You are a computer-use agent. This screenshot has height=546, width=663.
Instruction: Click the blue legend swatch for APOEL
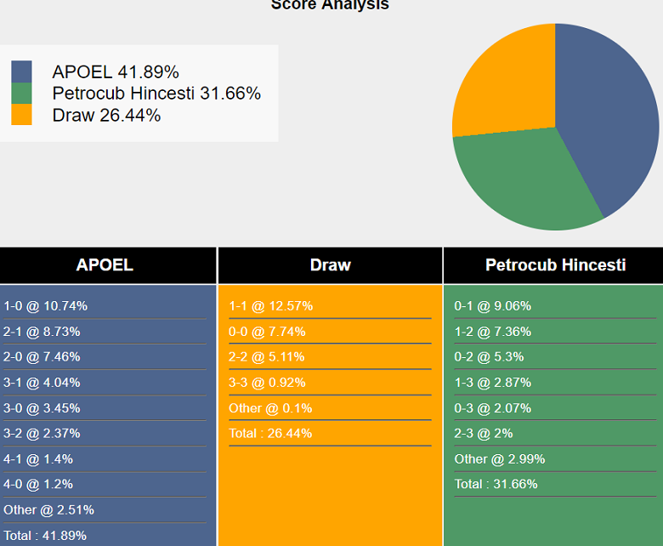tap(21, 71)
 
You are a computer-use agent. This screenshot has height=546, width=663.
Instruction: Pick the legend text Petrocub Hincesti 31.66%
tap(156, 94)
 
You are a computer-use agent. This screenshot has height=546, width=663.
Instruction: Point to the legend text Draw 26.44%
tap(106, 116)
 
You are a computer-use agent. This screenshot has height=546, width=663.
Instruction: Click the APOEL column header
tap(105, 265)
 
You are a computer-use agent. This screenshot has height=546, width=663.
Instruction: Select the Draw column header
tap(330, 265)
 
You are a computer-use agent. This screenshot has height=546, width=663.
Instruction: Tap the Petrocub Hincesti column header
tap(555, 265)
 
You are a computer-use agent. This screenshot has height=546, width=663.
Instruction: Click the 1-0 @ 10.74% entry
tap(46, 306)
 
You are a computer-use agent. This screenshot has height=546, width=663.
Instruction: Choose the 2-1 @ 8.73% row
tap(42, 332)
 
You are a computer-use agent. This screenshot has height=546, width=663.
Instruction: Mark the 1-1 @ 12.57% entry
tap(271, 306)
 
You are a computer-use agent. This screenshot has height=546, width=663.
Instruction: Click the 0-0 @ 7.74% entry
tap(268, 332)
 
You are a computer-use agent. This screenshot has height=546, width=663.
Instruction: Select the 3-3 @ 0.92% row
tap(268, 383)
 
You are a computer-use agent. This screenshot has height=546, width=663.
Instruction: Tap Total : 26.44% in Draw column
tap(270, 434)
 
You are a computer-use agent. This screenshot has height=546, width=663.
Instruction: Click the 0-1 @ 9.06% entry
tap(493, 306)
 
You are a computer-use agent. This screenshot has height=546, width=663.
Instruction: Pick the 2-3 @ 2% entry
tap(484, 434)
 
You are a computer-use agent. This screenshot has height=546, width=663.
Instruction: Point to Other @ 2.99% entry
tap(500, 459)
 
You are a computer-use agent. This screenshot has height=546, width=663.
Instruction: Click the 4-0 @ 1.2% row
tap(38, 485)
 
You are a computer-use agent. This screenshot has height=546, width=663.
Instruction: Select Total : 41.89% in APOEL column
tap(45, 536)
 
